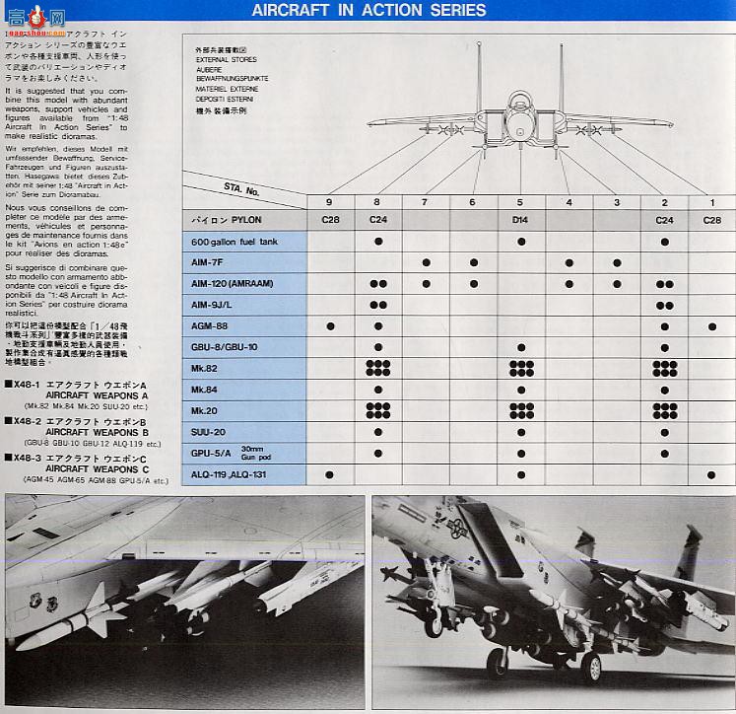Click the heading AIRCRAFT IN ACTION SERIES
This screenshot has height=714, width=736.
[368, 11]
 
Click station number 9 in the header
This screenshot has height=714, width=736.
[330, 202]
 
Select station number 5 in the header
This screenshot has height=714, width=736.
[520, 202]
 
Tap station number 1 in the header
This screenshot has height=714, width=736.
[711, 202]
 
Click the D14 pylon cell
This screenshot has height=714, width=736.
[520, 220]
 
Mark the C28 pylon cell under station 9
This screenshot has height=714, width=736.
[330, 220]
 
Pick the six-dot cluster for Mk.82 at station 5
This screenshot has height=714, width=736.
[521, 368]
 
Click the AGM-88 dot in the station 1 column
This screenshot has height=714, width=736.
[711, 325]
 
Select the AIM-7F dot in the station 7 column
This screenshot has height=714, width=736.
[426, 263]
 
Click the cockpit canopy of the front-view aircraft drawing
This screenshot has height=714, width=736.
[519, 102]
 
